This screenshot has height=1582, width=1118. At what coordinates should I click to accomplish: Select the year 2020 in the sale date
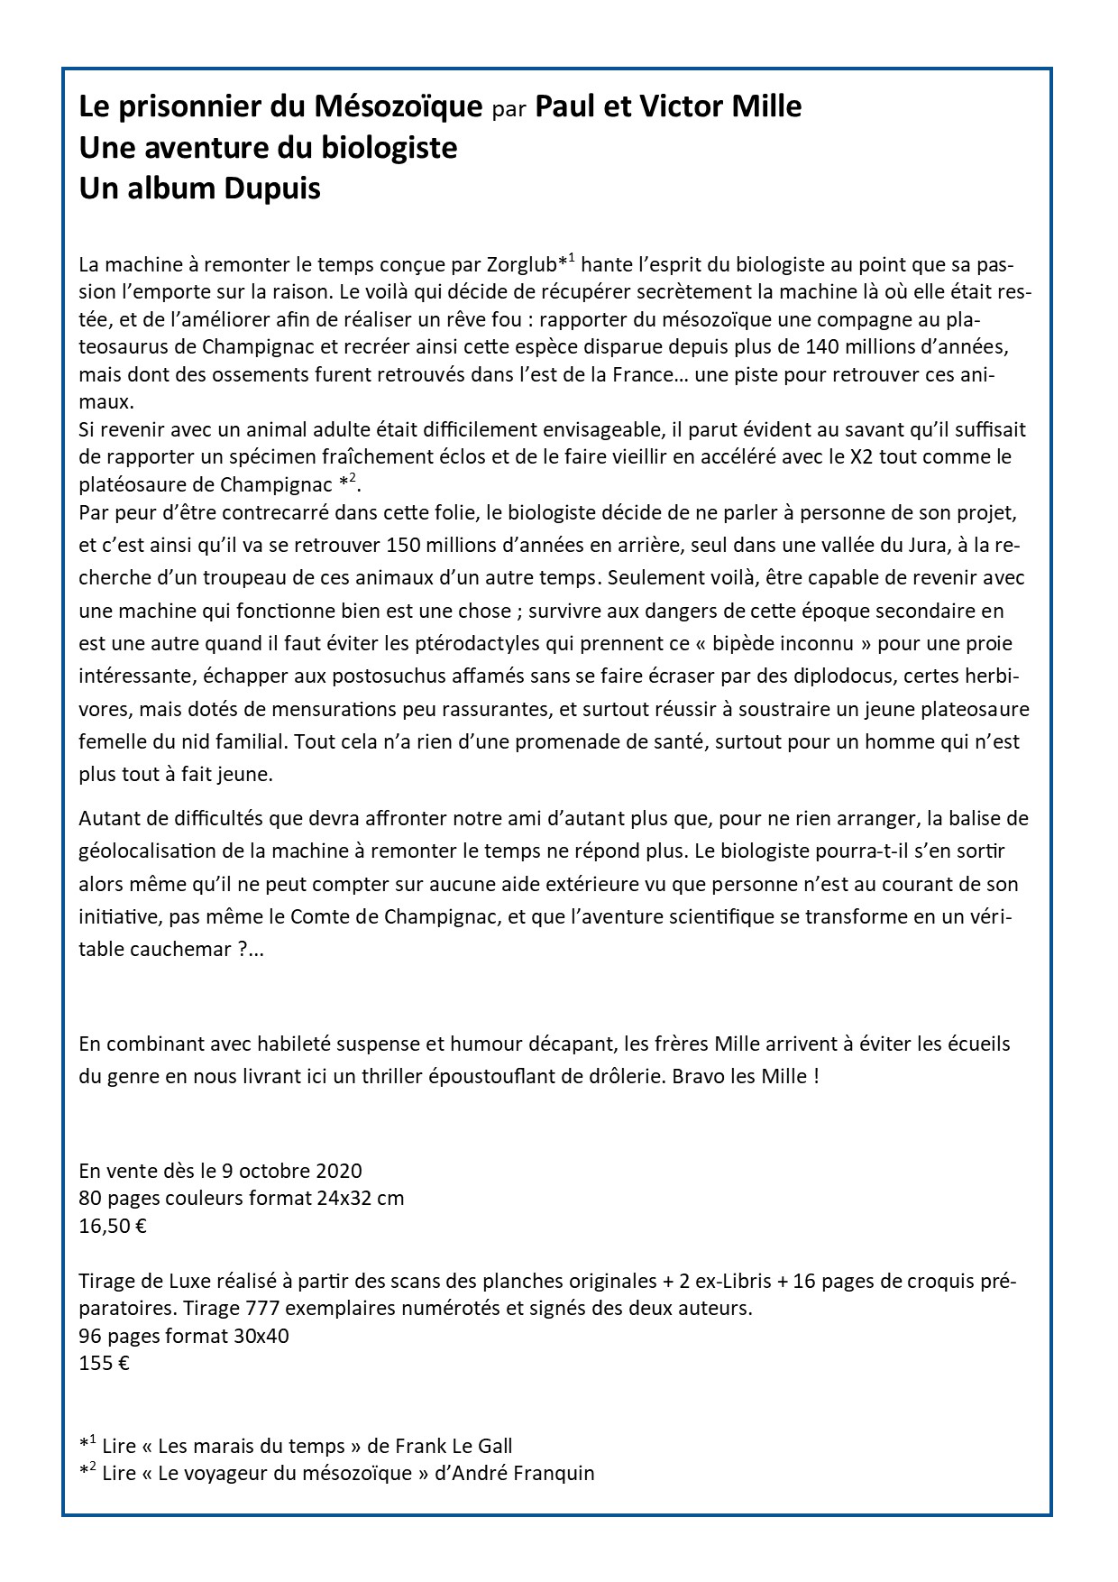pyautogui.click(x=340, y=1171)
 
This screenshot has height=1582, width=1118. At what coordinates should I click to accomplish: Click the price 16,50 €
pyautogui.click(x=113, y=1226)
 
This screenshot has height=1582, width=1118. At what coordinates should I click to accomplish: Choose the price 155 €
pyautogui.click(x=104, y=1363)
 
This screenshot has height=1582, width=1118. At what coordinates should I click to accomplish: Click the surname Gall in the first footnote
pyautogui.click(x=492, y=1446)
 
